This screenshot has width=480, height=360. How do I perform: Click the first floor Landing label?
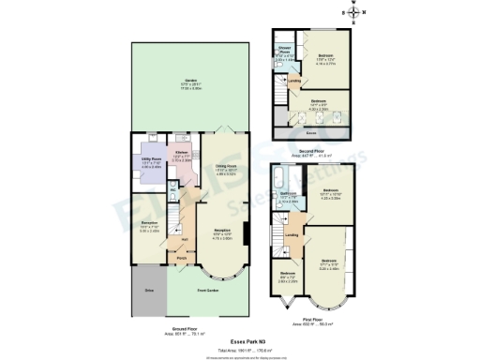coord(292,234)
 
